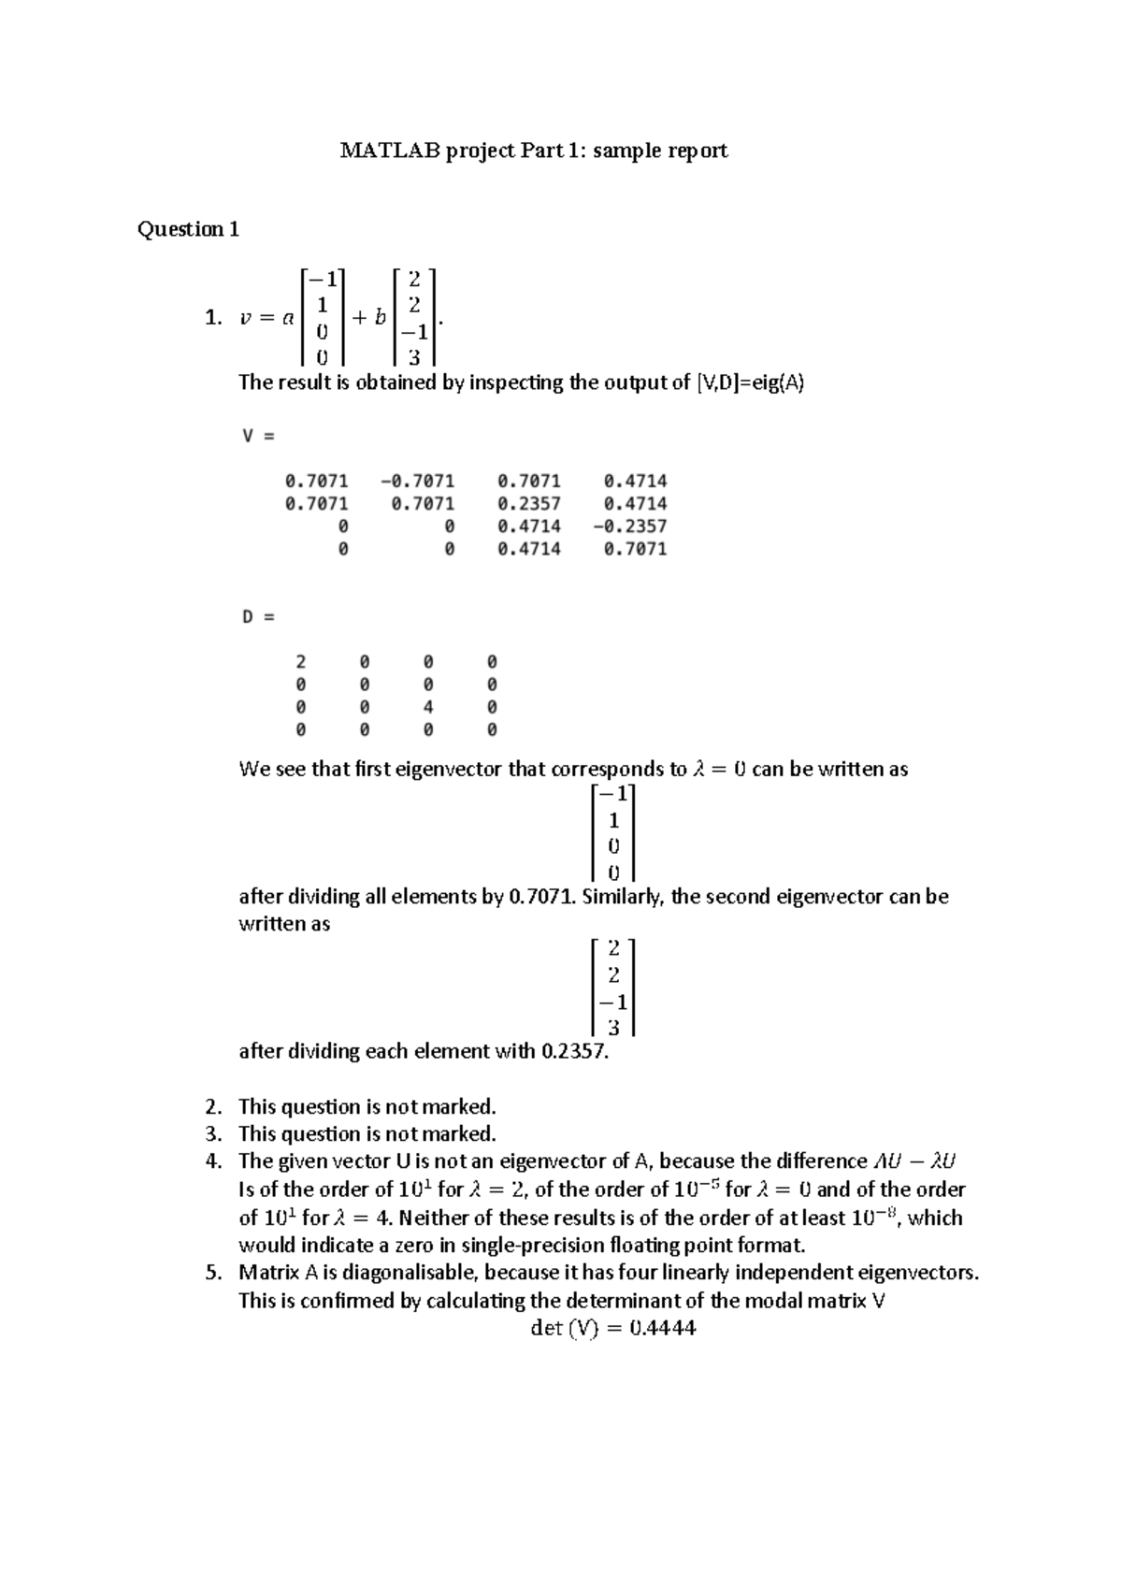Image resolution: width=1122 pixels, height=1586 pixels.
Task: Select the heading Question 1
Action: point(188,229)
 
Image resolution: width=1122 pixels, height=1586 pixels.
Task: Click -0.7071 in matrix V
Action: point(418,482)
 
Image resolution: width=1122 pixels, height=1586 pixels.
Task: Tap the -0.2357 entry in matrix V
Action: point(629,526)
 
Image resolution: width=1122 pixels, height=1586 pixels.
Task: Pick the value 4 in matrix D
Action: point(428,708)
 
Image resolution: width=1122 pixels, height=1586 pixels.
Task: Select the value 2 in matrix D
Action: point(301,662)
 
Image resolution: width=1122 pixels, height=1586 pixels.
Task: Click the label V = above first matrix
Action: point(258,436)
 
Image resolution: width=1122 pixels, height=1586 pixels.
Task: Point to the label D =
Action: point(258,617)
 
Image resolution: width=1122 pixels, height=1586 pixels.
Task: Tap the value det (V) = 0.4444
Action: point(612,1329)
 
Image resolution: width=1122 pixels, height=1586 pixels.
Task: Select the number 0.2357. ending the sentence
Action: point(575,1051)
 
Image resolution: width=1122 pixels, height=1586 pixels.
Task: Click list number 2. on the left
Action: point(213,1107)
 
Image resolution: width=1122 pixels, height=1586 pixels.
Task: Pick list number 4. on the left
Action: point(213,1161)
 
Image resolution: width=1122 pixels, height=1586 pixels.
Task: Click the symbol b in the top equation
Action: point(380,318)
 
